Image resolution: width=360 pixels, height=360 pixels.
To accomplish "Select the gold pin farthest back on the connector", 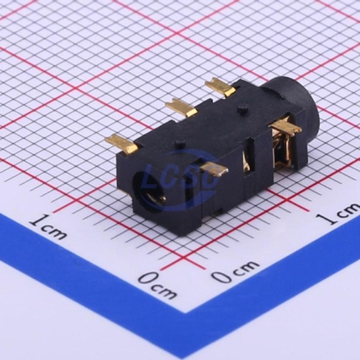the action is [221, 87].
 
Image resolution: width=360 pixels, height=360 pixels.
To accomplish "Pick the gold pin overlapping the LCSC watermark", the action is [213, 169].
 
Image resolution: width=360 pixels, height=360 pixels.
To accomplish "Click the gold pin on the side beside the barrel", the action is [286, 127].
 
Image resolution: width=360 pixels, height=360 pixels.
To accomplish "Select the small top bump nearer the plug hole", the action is [181, 143].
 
